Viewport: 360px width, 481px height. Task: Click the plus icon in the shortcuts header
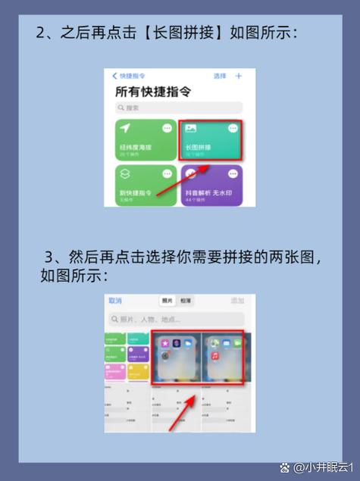click(239, 77)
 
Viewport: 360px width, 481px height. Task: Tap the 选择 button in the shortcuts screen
click(220, 77)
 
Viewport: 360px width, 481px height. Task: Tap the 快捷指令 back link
click(130, 77)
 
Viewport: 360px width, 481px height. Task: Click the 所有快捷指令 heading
click(152, 92)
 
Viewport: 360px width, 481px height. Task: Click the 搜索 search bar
click(179, 108)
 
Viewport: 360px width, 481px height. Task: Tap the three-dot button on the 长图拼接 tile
click(232, 129)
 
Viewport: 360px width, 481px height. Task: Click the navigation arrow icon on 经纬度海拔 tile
click(125, 129)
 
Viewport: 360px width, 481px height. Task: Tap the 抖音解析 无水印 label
click(208, 193)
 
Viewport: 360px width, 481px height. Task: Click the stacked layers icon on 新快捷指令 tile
click(125, 175)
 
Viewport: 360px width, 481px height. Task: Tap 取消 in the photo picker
click(115, 301)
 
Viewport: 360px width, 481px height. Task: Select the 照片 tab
click(167, 301)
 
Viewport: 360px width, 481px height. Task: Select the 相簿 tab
click(186, 301)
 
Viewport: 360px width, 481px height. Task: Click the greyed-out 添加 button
click(238, 301)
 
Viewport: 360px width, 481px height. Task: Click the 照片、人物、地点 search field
click(179, 320)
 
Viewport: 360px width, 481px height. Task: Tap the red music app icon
click(215, 355)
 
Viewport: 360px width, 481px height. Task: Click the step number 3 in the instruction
click(51, 256)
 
